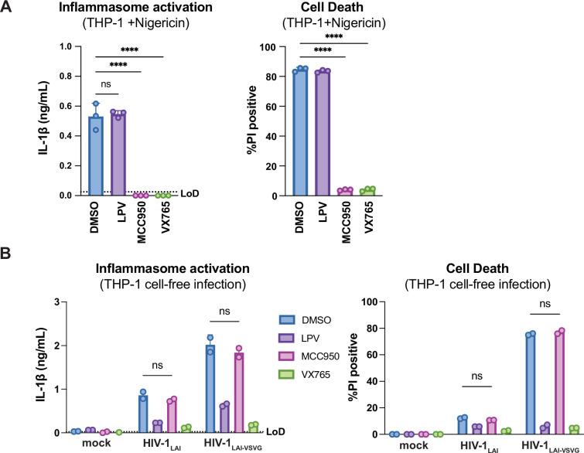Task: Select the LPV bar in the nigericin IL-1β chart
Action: (118, 155)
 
